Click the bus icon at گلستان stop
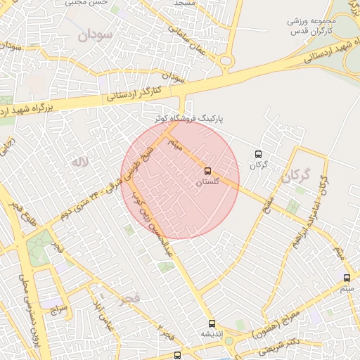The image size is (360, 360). point(207,171)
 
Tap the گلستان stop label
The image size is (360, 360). point(207,182)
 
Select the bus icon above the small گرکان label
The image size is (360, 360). point(258,154)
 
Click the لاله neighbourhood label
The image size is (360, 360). point(79,162)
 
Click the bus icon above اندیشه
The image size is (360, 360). point(212,323)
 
